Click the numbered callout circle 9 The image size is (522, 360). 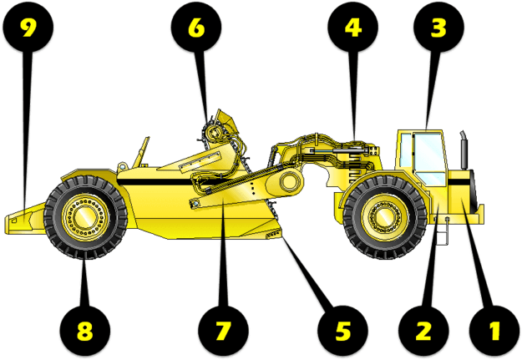coord(28,29)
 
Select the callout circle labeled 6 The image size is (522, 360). coord(195,29)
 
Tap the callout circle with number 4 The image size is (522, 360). coord(354,29)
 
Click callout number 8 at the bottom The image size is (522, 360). coord(84,330)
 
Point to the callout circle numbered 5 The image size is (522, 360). coord(343,330)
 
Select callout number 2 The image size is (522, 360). coord(423,330)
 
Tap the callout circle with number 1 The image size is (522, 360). coord(493,330)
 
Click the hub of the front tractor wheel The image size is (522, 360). coord(383,217)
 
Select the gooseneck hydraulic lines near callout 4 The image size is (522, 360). coord(334,150)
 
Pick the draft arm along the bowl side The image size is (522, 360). coord(242,188)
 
